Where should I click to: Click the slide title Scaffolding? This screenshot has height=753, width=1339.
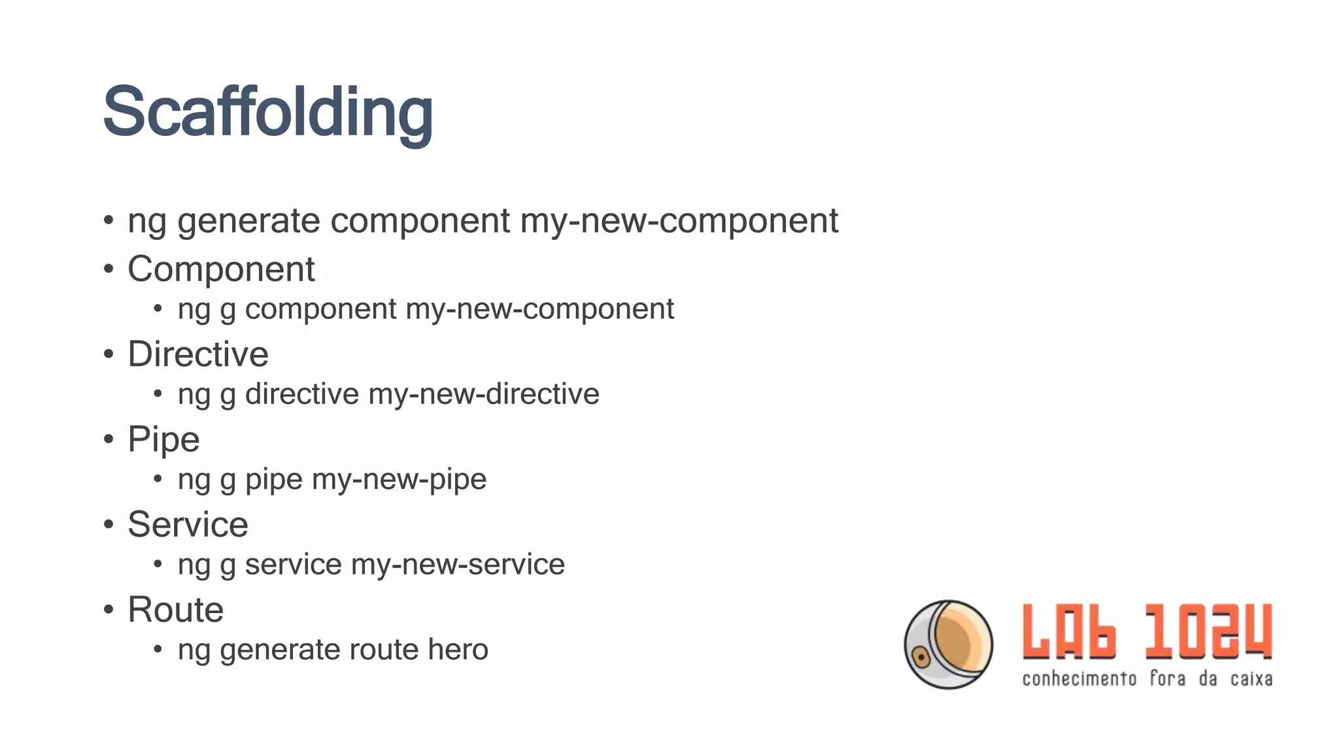pos(267,112)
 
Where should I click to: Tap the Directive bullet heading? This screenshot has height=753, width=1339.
pos(197,354)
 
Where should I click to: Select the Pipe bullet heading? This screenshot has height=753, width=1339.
pos(163,439)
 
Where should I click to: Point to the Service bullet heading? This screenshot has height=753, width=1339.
pos(188,524)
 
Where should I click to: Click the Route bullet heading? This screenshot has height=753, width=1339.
pos(175,610)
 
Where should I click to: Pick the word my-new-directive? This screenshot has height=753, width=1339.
pos(484,394)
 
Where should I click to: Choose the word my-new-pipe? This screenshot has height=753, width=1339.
pos(399,480)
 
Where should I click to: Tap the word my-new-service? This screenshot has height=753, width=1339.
pos(458,565)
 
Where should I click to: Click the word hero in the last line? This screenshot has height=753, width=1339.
pos(458,650)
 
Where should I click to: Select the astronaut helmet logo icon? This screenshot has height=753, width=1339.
pos(948,644)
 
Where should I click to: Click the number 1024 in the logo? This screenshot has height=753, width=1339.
pos(1208,631)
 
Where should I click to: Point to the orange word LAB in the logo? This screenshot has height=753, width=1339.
pos(1069,631)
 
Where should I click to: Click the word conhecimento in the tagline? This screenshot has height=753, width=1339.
pos(1079,679)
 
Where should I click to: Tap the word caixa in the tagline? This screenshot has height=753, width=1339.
pos(1251,679)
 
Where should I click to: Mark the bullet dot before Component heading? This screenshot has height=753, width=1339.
pos(109,269)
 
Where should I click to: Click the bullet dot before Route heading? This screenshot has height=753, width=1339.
pos(109,610)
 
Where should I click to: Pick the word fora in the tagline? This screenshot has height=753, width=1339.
pos(1168,679)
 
